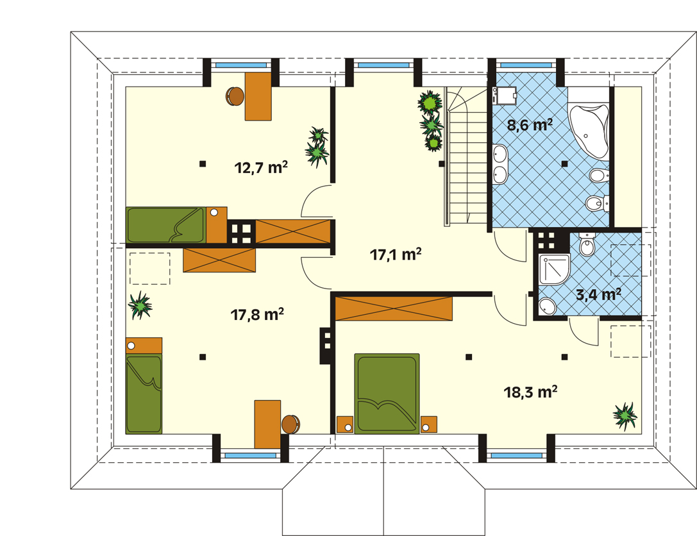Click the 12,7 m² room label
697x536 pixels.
tap(261, 167)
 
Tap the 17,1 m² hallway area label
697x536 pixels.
tap(396, 255)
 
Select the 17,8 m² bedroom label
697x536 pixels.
tap(257, 314)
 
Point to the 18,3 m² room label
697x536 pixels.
tap(530, 392)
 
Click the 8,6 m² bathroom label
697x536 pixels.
tap(530, 125)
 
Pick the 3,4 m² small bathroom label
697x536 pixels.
tap(598, 294)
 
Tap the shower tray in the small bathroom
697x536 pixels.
tap(554, 269)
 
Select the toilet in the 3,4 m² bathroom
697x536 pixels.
tap(587, 245)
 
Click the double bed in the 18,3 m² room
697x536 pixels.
tap(387, 393)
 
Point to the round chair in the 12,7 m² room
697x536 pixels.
tap(235, 96)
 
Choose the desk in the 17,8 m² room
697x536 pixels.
tap(267, 424)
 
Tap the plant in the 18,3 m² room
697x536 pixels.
tap(625, 415)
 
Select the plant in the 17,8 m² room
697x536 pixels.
tap(140, 305)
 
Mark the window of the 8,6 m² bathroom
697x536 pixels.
tap(526, 65)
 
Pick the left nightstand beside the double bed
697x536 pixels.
tap(345, 424)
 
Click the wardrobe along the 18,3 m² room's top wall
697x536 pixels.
tap(394, 308)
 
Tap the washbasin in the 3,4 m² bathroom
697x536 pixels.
tap(547, 306)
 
